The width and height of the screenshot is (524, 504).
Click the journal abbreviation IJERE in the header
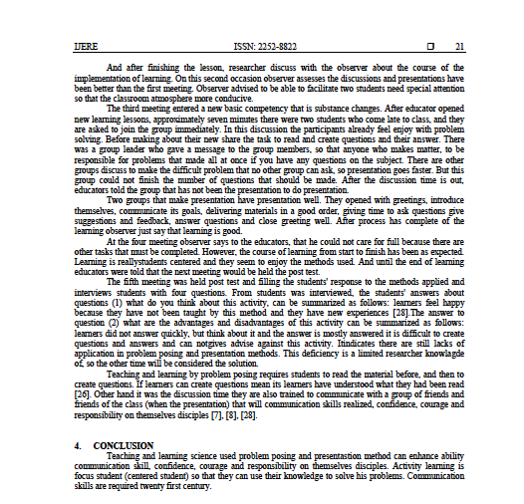click(86, 46)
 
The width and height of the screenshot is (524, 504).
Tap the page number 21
click(459, 46)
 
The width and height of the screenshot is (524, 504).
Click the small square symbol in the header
click(429, 46)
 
